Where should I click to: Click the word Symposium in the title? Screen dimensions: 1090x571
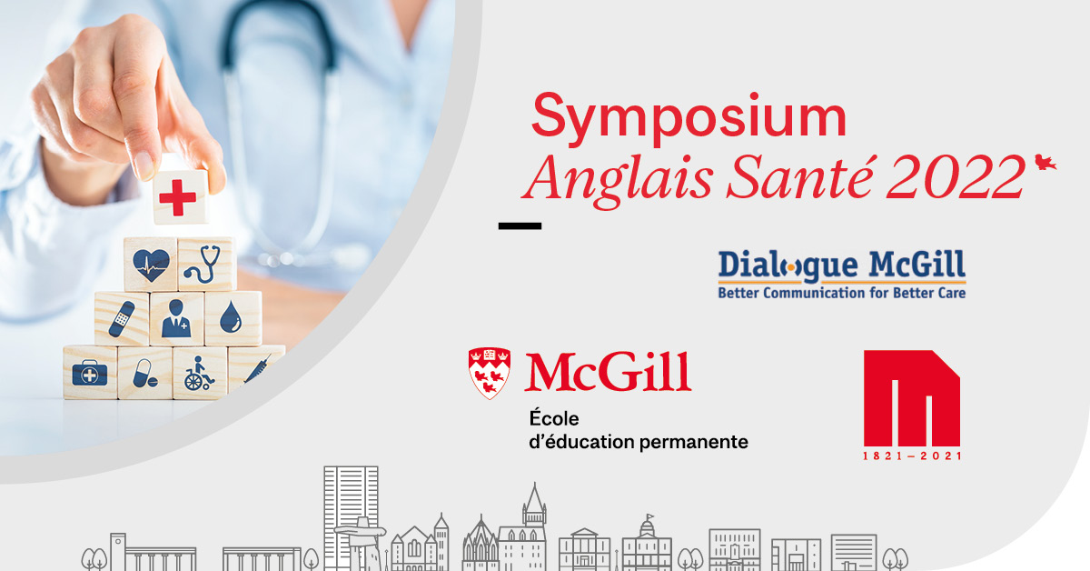(689, 118)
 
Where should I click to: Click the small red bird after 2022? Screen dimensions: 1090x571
(1045, 162)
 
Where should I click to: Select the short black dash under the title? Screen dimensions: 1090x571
(520, 225)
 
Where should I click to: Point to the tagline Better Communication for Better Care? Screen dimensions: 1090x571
(842, 293)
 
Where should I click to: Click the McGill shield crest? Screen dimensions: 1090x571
(489, 373)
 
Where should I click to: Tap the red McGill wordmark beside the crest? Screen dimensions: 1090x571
(608, 372)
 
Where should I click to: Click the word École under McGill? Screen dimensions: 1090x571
(554, 418)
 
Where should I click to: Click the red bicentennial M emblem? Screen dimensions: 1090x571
(911, 398)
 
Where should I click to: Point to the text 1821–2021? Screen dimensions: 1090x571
(912, 456)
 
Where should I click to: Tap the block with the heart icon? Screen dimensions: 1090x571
(151, 265)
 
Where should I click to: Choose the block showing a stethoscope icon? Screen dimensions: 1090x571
(207, 264)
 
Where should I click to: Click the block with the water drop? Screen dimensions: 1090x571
(233, 318)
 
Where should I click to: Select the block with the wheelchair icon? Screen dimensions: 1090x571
(200, 373)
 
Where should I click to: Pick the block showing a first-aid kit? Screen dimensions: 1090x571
(90, 373)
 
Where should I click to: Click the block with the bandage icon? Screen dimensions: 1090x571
(122, 319)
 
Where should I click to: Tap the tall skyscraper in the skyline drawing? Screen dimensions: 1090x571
(351, 516)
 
